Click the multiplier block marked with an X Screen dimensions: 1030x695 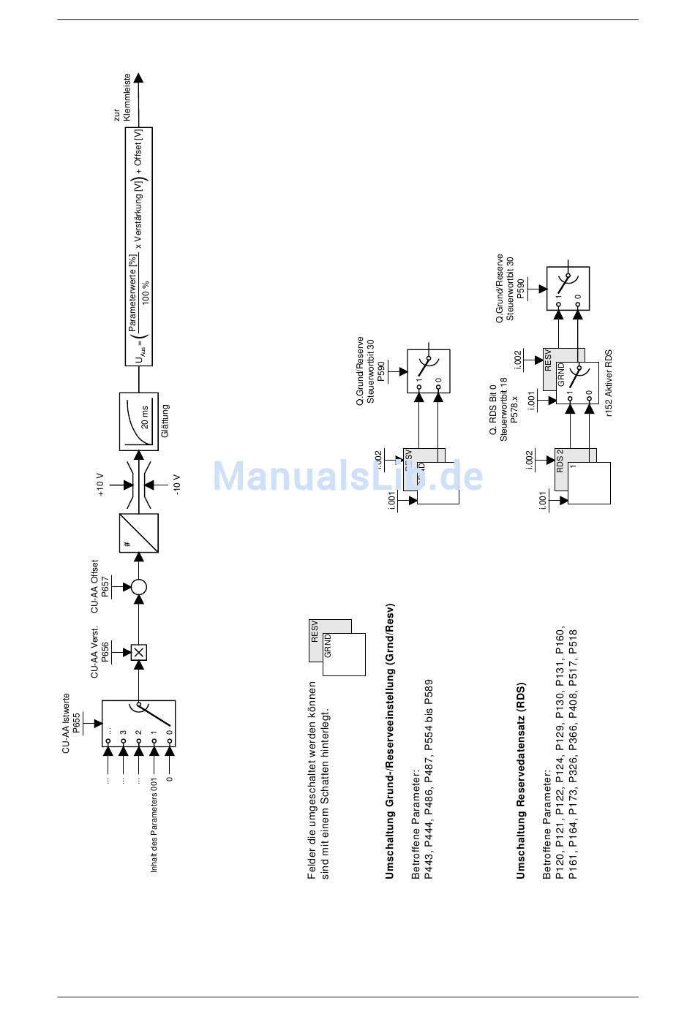pyautogui.click(x=138, y=652)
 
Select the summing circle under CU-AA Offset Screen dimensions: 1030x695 pyautogui.click(x=138, y=586)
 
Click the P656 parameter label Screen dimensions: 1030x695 pyautogui.click(x=106, y=652)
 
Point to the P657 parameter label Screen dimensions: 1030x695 pyautogui.click(x=106, y=587)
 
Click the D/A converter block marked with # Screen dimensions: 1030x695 pyautogui.click(x=138, y=533)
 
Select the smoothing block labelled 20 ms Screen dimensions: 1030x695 pyautogui.click(x=138, y=422)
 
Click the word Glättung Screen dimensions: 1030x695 pyautogui.click(x=165, y=421)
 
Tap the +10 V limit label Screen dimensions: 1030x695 pyautogui.click(x=101, y=484)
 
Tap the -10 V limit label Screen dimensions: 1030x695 pyautogui.click(x=176, y=485)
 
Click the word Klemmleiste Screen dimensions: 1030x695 pyautogui.click(x=127, y=96)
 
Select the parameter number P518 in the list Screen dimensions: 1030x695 pyautogui.click(x=573, y=640)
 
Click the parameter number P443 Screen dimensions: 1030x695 pyautogui.click(x=429, y=866)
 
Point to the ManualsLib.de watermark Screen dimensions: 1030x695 pyautogui.click(x=347, y=476)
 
